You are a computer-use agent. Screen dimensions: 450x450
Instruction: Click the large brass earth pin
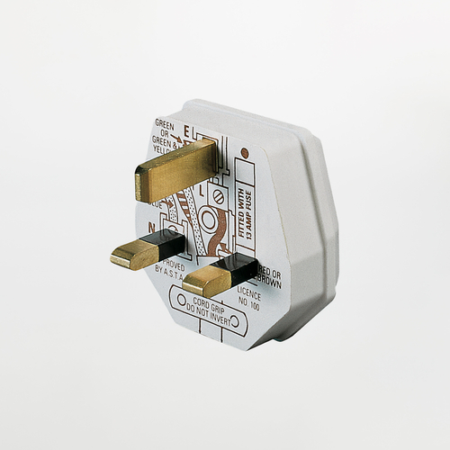click(175, 169)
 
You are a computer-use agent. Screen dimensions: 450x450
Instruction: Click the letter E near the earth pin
click(187, 130)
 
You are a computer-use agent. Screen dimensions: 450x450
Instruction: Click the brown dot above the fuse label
click(243, 145)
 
